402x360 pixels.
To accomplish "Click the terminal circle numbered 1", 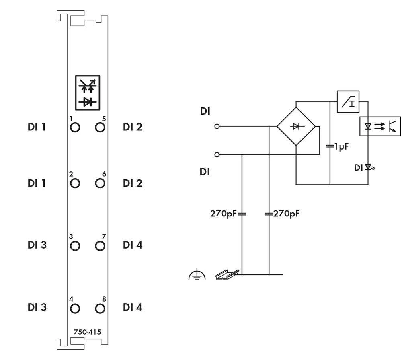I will coord(75,128).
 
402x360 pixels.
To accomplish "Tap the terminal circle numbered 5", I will coord(100,128).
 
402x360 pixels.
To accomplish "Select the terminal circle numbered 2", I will coord(75,183).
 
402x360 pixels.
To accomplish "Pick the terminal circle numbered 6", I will coord(100,183).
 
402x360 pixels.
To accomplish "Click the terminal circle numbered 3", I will coord(75,245).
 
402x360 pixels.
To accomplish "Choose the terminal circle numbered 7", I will coord(100,245).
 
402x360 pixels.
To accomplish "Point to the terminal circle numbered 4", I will coord(75,308).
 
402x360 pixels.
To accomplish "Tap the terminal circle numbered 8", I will coord(100,308).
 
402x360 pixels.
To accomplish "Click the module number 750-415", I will coord(87,332).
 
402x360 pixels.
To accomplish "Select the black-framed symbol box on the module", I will coord(87,92).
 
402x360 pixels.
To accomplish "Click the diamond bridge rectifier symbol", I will coord(297,127).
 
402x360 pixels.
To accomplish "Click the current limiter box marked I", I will coord(348,101).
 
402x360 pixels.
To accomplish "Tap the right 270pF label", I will coord(286,214).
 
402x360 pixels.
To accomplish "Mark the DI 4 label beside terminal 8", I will coord(133,308).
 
